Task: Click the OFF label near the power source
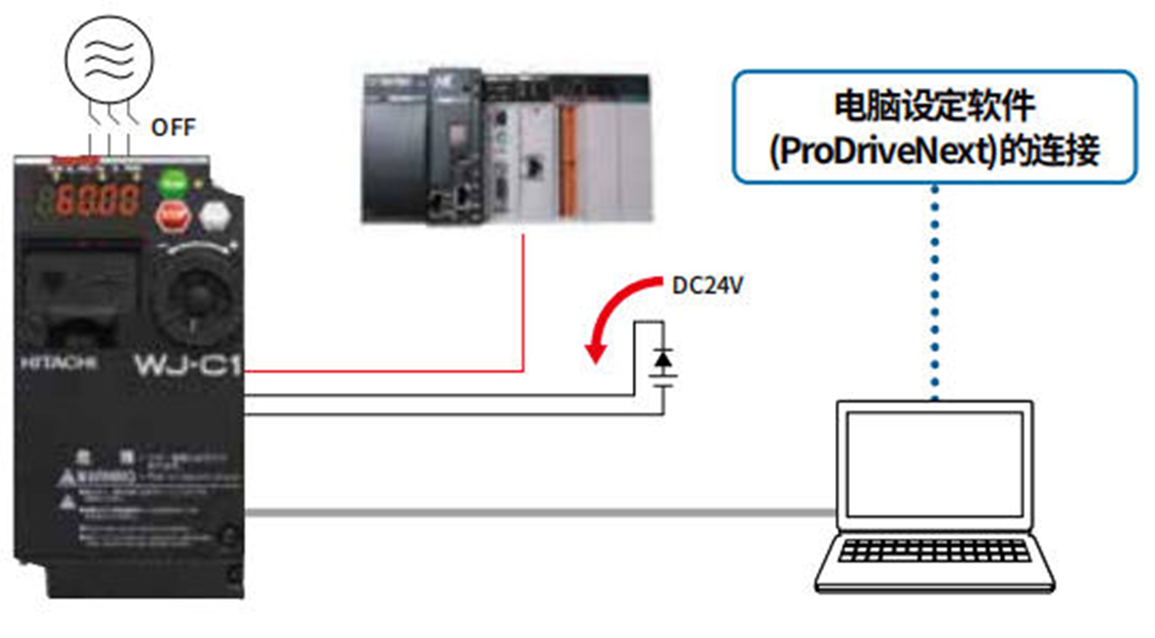point(173,128)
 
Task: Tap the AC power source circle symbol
point(109,59)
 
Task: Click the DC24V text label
point(707,285)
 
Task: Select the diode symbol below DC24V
point(663,360)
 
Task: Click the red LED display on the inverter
point(97,200)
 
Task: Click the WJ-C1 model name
point(188,365)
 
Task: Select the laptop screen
point(934,464)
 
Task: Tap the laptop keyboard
point(934,550)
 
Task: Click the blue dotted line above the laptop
point(934,291)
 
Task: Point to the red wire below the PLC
point(523,305)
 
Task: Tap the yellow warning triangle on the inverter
point(67,478)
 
